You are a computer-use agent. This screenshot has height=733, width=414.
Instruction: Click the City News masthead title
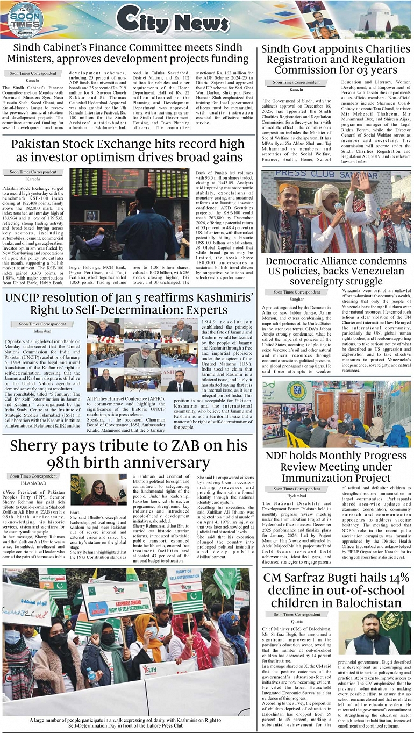tap(165, 22)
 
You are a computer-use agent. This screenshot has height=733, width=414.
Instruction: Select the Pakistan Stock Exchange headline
tap(127, 151)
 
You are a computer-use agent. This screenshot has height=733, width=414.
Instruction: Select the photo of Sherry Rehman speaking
tap(98, 489)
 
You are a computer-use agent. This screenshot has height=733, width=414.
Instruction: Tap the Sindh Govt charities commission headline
tap(336, 60)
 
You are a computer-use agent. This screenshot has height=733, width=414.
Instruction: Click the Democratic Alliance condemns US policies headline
tap(336, 271)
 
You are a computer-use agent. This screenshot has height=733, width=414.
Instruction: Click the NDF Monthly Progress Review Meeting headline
tap(336, 467)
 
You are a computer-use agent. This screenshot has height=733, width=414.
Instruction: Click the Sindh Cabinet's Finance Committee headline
tap(127, 53)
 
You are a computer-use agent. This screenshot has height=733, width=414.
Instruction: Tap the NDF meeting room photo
tap(336, 414)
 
